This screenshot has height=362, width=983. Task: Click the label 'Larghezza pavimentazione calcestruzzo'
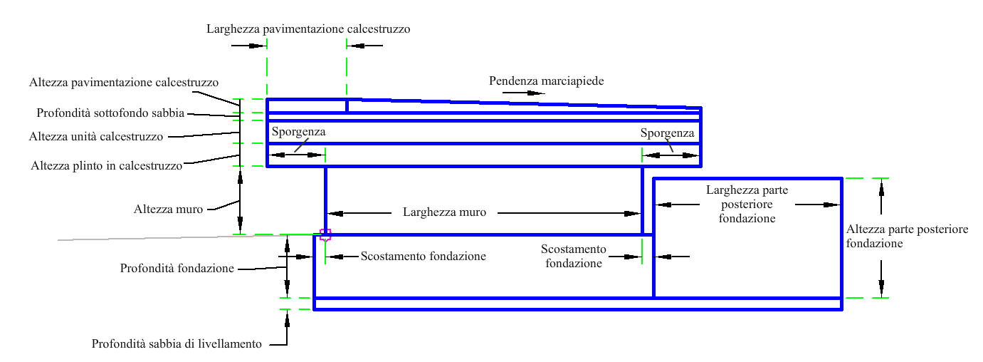pos(308,29)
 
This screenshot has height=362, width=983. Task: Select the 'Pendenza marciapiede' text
pos(546,81)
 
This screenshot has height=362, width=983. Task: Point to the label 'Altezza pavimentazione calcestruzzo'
pos(124,83)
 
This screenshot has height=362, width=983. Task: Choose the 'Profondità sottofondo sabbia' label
pos(110,113)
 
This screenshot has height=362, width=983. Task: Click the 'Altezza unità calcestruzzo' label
pos(96,136)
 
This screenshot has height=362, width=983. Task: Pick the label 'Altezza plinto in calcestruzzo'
pos(107,166)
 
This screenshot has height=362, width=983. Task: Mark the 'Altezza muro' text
pos(169,210)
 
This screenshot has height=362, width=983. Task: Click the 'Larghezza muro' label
pos(444,212)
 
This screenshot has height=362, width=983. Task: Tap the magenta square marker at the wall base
pos(325,234)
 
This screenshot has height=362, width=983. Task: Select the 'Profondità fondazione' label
pos(177,269)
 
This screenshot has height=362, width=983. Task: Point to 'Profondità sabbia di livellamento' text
pos(177,344)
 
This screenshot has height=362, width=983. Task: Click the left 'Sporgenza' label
pos(298,133)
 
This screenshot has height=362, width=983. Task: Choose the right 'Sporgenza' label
pos(667,133)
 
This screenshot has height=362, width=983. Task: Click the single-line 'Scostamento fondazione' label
pos(423,257)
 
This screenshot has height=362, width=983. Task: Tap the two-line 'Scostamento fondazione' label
pos(574,256)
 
